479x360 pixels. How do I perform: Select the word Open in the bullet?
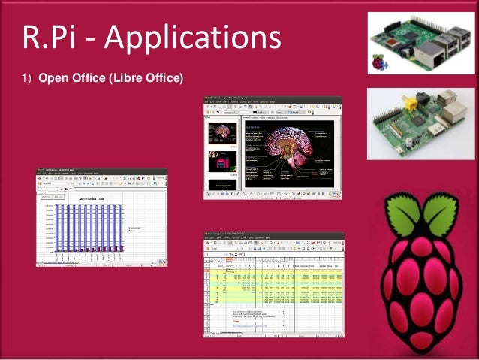tap(53, 77)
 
